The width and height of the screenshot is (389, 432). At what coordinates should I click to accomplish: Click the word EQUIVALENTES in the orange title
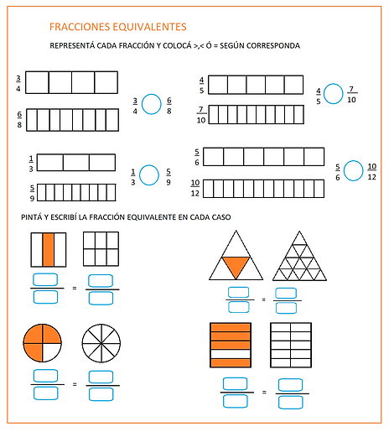[x=149, y=27]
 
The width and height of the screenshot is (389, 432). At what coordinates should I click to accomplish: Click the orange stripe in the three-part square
[x=49, y=250]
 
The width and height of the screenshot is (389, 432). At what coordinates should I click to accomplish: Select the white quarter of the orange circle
[x=52, y=352]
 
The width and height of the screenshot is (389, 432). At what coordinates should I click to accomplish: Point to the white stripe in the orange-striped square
[x=231, y=354]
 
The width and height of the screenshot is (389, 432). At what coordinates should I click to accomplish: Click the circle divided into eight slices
[x=101, y=343]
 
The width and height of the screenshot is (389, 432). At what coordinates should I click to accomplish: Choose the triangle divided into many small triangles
[x=299, y=256]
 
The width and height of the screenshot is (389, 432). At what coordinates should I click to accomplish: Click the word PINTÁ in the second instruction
[x=31, y=217]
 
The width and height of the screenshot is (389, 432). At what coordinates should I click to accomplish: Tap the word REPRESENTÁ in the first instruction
[x=72, y=45]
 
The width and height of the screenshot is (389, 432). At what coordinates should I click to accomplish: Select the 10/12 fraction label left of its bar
[x=195, y=188]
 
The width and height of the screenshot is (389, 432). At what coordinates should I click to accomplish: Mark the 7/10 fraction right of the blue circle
[x=351, y=95]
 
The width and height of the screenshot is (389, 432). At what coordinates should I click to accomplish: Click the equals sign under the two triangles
[x=263, y=299]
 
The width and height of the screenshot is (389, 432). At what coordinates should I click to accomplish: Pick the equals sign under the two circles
[x=75, y=384]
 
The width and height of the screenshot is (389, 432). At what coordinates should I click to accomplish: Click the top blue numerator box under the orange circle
[x=45, y=376]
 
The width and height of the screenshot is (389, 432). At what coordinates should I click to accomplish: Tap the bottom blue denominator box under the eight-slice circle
[x=101, y=394]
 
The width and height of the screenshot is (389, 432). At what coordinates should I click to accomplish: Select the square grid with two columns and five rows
[x=291, y=345]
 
